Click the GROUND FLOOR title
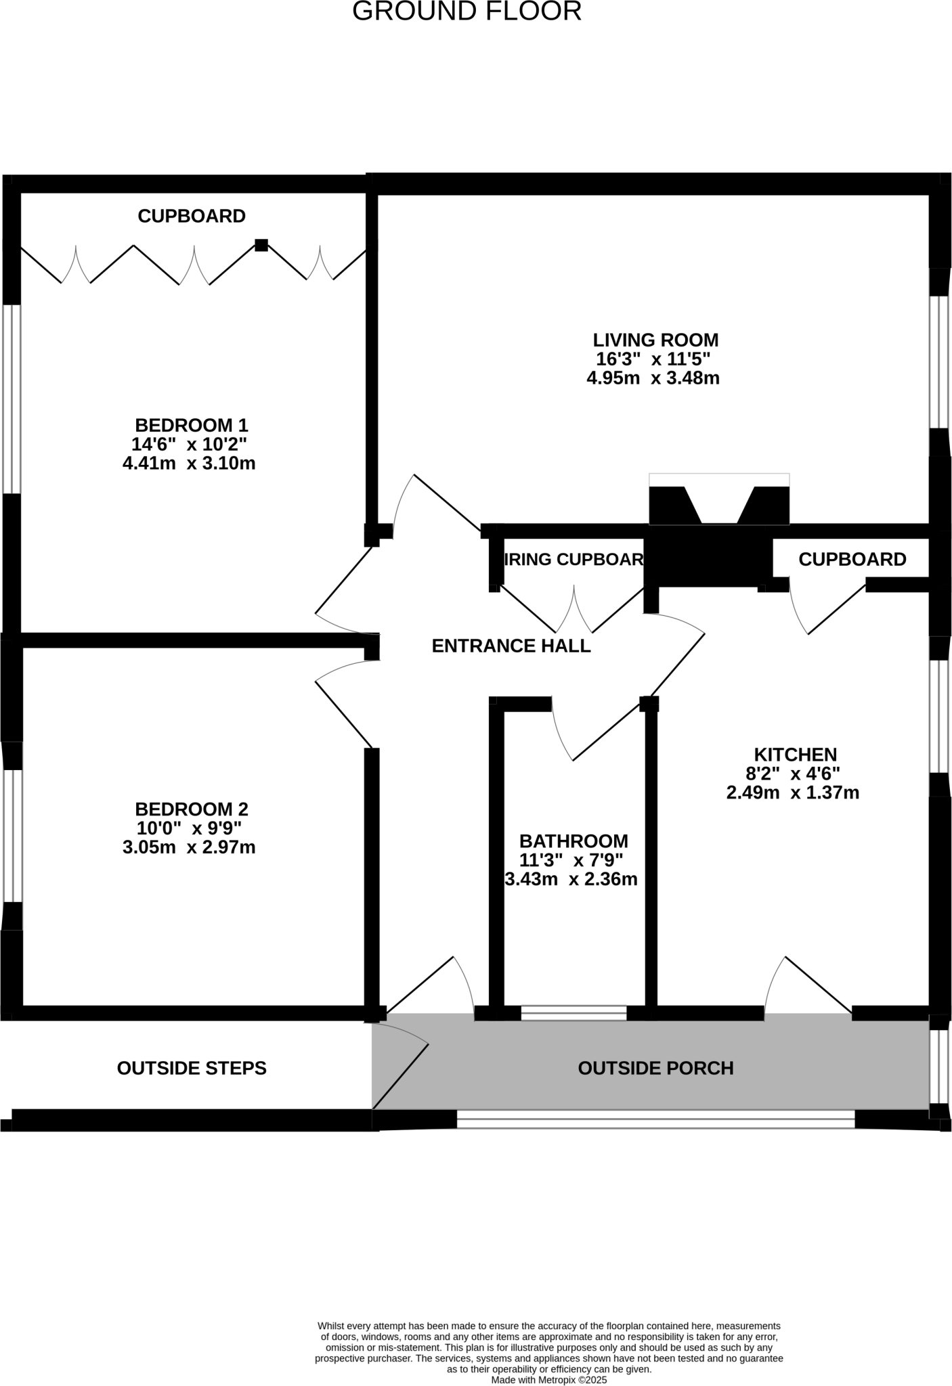pyautogui.click(x=467, y=12)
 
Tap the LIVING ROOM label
pyautogui.click(x=655, y=340)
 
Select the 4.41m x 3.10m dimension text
pyautogui.click(x=189, y=464)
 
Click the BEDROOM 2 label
pyautogui.click(x=192, y=809)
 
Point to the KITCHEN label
pyautogui.click(x=795, y=754)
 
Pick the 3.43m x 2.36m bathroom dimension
pyautogui.click(x=571, y=879)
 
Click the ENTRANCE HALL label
pyautogui.click(x=511, y=646)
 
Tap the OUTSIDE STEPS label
pyautogui.click(x=192, y=1068)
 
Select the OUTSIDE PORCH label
pyautogui.click(x=655, y=1068)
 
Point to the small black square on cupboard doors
pyautogui.click(x=261, y=245)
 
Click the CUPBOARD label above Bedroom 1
pyautogui.click(x=192, y=216)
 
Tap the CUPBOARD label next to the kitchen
pyautogui.click(x=852, y=559)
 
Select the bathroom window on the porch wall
pyautogui.click(x=574, y=1013)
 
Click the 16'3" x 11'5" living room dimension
pyautogui.click(x=653, y=359)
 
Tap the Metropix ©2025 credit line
pyautogui.click(x=549, y=1379)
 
